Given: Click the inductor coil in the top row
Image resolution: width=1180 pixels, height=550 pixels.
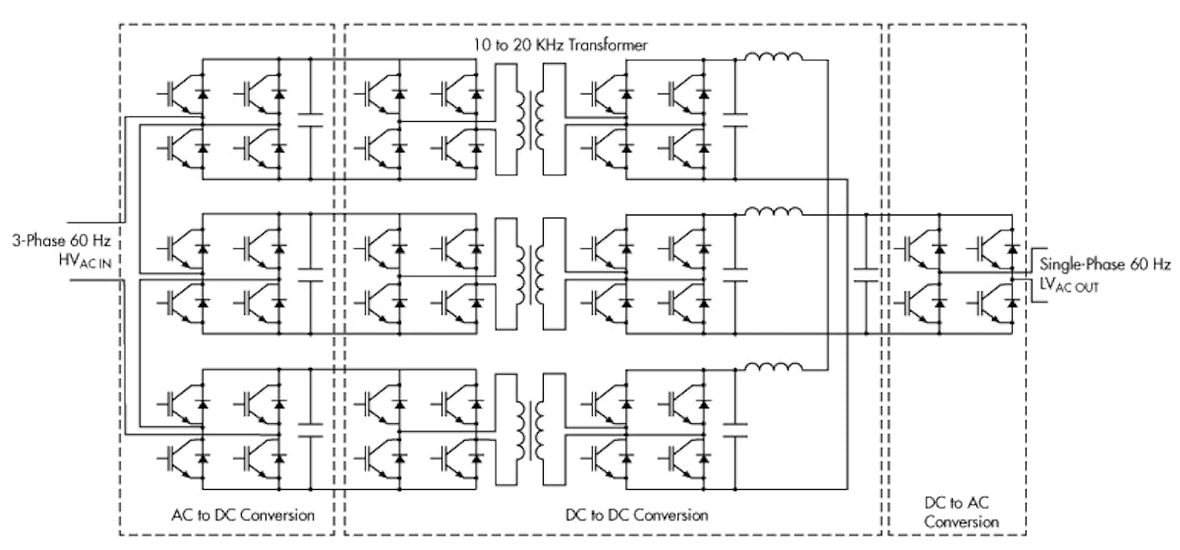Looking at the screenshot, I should (774, 57).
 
